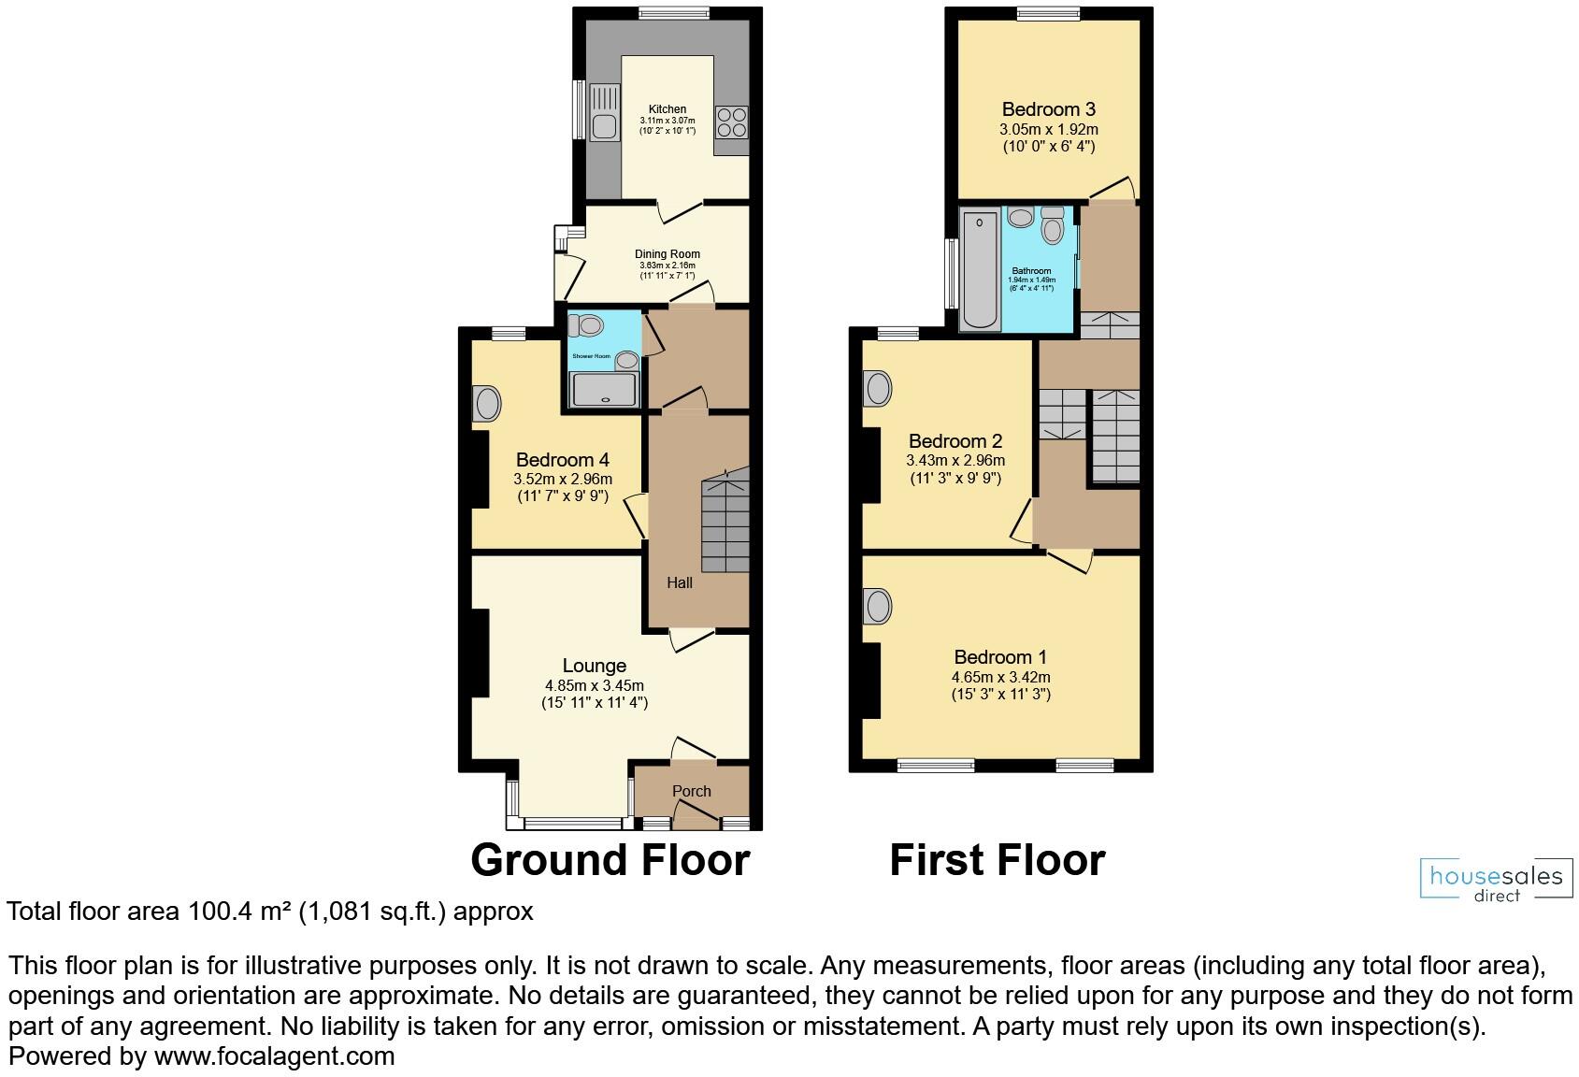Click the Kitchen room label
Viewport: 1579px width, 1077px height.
click(667, 109)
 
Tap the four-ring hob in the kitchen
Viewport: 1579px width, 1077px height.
click(731, 122)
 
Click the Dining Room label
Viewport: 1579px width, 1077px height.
click(667, 253)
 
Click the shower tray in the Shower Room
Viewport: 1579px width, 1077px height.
click(606, 389)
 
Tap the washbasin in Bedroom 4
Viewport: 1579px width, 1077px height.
click(487, 404)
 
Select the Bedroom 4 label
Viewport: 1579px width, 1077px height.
click(563, 460)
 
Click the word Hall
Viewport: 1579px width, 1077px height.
click(680, 582)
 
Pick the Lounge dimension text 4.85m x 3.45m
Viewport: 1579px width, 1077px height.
click(595, 685)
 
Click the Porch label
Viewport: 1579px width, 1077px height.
click(692, 791)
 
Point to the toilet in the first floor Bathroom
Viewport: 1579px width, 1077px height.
click(1053, 225)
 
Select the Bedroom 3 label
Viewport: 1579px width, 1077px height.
click(1048, 109)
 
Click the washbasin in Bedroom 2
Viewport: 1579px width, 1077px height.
click(878, 387)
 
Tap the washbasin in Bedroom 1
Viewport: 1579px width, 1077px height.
click(878, 606)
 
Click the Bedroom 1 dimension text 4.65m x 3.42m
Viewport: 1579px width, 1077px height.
click(1000, 677)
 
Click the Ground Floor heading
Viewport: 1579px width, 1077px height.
click(610, 860)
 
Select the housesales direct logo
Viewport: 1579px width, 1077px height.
click(1496, 880)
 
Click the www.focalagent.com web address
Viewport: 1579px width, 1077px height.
click(274, 1056)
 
